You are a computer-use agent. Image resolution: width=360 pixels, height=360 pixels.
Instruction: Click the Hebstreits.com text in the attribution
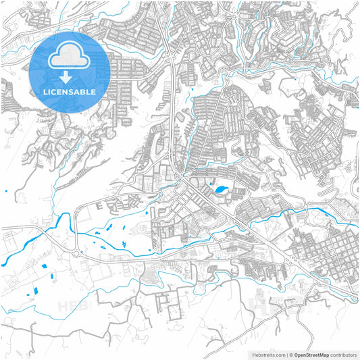coord(269,353)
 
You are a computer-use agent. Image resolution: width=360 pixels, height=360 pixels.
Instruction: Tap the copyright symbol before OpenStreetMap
coord(292,353)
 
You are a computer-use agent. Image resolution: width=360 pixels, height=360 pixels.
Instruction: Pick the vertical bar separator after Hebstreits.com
coord(287,353)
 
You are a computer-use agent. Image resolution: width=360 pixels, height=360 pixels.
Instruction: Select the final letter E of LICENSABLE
coord(94,91)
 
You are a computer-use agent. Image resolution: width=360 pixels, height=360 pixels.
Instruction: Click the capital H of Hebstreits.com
coord(253,353)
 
